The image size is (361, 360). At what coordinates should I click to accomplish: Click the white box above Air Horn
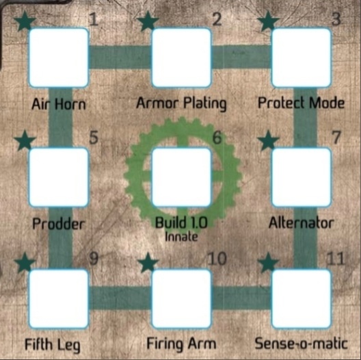pyautogui.click(x=59, y=57)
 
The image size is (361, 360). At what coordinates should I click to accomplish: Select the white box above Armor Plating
pyautogui.click(x=181, y=57)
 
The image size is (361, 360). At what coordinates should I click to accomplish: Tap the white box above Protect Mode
pyautogui.click(x=302, y=57)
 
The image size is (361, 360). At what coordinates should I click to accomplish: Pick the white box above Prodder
pyautogui.click(x=59, y=177)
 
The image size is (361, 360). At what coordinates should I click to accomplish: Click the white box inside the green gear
pyautogui.click(x=181, y=177)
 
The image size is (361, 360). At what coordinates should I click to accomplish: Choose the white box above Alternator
pyautogui.click(x=302, y=177)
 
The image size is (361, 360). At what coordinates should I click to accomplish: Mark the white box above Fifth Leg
pyautogui.click(x=59, y=299)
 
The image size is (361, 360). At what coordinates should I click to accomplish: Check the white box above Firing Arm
pyautogui.click(x=181, y=299)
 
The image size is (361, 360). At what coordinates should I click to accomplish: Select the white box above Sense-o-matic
pyautogui.click(x=302, y=299)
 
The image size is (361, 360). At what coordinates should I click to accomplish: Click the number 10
pyautogui.click(x=217, y=259)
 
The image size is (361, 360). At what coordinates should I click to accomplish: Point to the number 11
pyautogui.click(x=336, y=259)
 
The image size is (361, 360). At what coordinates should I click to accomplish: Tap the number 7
pyautogui.click(x=336, y=138)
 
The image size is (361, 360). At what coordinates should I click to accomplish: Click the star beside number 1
pyautogui.click(x=25, y=21)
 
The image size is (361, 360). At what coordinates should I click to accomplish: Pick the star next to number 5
pyautogui.click(x=25, y=140)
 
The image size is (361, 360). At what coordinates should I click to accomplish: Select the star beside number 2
pyautogui.click(x=148, y=21)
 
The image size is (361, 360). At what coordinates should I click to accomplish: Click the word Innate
pyautogui.click(x=181, y=237)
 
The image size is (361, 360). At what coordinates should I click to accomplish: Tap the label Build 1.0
pyautogui.click(x=181, y=222)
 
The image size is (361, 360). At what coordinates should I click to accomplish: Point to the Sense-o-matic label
pyautogui.click(x=301, y=344)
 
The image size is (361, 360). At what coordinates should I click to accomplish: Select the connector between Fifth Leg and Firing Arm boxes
pyautogui.click(x=120, y=298)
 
